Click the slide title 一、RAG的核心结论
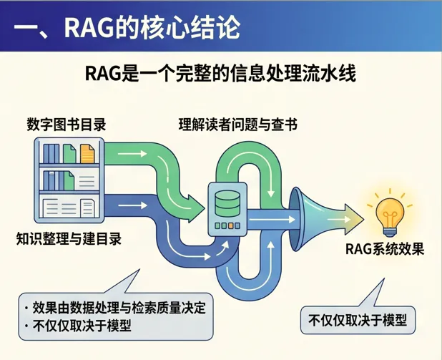coord(127,28)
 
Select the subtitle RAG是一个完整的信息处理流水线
coord(220,74)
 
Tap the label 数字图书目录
coord(67,124)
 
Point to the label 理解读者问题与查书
coord(237,124)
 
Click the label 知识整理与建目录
coord(69,238)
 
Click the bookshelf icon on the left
coord(69,178)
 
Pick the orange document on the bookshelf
coord(87,153)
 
